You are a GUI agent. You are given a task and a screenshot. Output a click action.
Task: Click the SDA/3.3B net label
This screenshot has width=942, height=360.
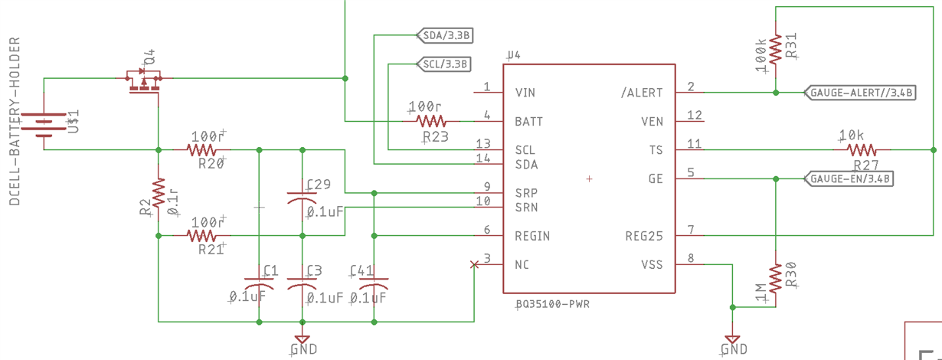coord(444,35)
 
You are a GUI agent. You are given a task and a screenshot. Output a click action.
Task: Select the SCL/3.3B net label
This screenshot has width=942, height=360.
coord(443,64)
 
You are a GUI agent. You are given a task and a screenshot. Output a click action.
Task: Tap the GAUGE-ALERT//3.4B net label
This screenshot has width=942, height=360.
coord(860,93)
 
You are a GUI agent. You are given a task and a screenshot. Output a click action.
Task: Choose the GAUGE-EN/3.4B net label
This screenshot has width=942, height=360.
coord(849,178)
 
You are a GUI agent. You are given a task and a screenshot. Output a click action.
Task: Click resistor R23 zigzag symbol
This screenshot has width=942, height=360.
coord(431,122)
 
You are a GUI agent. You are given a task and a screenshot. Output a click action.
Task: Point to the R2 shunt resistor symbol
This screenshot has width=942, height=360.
coord(159,192)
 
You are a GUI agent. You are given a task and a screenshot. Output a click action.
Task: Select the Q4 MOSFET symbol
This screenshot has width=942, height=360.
coord(143,82)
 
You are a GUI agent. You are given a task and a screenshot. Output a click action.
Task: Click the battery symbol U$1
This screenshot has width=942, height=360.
coord(44,125)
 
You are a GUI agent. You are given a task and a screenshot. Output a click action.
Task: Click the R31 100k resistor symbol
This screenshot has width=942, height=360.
coord(776,50)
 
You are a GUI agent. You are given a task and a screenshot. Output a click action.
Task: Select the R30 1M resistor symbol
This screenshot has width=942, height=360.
coord(776,278)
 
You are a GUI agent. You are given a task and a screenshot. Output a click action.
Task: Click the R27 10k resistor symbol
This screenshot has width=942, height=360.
coord(862,150)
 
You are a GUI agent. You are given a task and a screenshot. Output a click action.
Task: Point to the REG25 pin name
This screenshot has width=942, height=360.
coord(644,237)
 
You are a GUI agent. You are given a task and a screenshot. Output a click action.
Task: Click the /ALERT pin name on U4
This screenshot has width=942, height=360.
coord(642,93)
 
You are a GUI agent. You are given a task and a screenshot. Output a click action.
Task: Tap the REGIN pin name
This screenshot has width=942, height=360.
coord(532,237)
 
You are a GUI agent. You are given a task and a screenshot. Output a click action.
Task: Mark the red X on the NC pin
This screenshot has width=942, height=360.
coord(474,264)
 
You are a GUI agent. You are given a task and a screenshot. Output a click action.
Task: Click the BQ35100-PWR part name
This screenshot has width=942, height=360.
coord(553,304)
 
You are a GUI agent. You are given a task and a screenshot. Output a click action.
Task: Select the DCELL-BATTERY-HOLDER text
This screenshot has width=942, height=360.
coord(15,121)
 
